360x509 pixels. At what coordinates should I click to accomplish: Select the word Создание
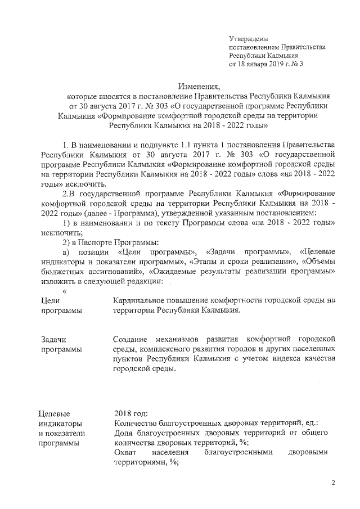pos(130,339)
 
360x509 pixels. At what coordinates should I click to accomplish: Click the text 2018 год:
pos(130,414)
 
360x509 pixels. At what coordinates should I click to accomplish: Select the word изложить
pos(58,281)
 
